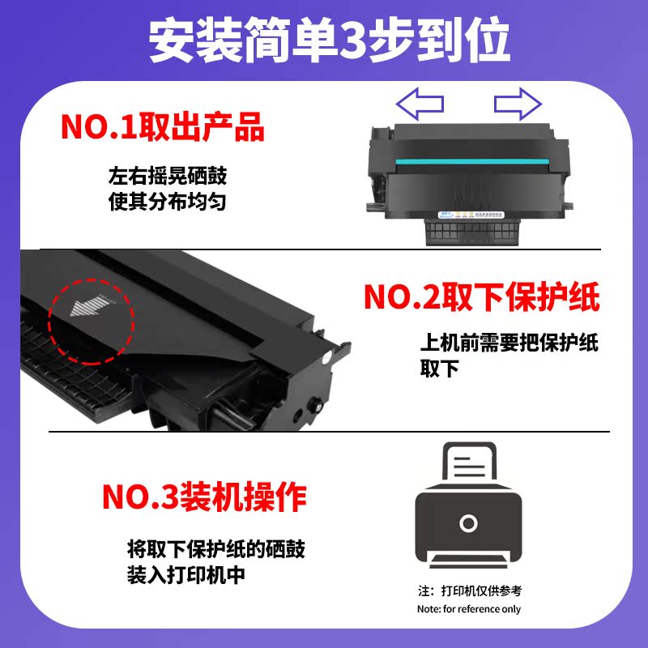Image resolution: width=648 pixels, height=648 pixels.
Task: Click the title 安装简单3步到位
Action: click(324, 40)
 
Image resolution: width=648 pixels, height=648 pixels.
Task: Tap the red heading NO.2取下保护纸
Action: click(481, 297)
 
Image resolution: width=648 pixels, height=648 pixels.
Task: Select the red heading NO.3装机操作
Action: click(203, 496)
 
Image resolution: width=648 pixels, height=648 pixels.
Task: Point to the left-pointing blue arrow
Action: click(419, 104)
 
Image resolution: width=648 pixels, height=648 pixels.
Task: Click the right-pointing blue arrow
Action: click(517, 104)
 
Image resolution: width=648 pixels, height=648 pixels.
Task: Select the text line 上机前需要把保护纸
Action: click(509, 343)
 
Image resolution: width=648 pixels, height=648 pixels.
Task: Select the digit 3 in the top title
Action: click(357, 41)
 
